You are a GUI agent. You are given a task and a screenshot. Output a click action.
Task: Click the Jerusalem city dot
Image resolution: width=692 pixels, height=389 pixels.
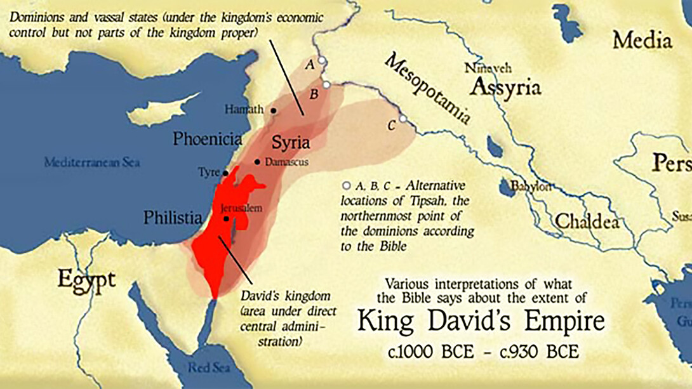click(x=227, y=218)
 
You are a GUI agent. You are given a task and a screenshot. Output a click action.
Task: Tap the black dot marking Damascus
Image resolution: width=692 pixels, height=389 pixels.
click(x=257, y=162)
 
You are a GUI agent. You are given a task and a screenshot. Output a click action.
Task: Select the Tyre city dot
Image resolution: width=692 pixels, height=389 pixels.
click(x=225, y=173)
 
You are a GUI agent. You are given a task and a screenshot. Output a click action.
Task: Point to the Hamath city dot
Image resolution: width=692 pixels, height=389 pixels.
click(x=274, y=110)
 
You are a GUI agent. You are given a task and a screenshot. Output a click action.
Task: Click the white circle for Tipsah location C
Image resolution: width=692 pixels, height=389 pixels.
click(x=403, y=119)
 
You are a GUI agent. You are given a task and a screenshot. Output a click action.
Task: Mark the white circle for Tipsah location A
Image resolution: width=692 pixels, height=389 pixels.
click(x=322, y=60)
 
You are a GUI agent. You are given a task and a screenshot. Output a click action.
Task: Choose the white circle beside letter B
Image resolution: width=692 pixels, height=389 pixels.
click(x=326, y=84)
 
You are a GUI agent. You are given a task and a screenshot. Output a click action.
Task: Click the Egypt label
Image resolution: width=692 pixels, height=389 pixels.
click(x=87, y=279)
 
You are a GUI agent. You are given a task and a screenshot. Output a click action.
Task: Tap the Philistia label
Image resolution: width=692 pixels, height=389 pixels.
click(x=173, y=218)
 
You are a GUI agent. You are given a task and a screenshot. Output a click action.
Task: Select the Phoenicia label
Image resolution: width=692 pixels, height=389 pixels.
click(x=208, y=139)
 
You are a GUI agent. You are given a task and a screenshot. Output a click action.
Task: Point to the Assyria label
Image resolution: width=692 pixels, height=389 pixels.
click(x=506, y=87)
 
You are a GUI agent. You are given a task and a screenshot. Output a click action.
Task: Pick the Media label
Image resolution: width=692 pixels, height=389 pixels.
click(x=642, y=41)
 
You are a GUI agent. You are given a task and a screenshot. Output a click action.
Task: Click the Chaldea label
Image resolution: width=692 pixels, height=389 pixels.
click(x=587, y=221)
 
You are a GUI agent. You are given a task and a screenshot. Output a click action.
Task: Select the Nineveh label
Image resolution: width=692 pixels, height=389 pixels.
click(x=488, y=67)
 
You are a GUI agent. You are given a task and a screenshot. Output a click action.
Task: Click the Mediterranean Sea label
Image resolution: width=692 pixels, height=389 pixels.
click(x=92, y=162)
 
